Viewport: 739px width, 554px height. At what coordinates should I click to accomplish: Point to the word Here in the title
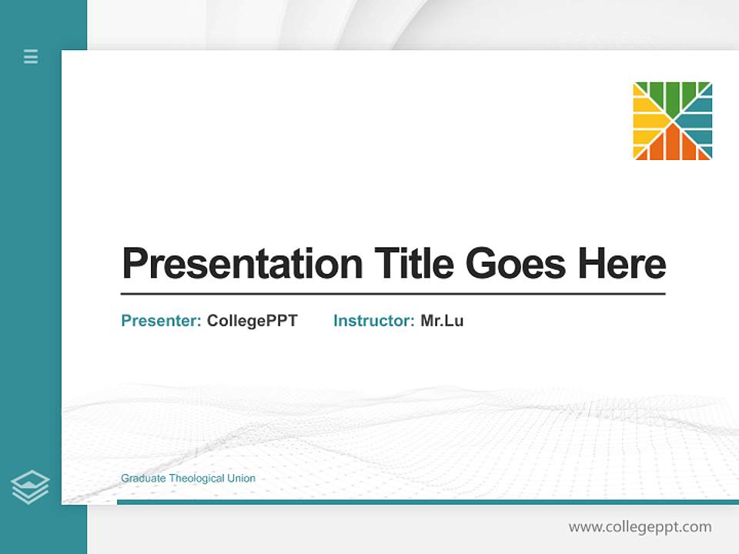click(x=622, y=264)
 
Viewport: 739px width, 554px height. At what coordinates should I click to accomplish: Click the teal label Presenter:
click(x=161, y=321)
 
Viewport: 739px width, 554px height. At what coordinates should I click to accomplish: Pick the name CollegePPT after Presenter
click(x=252, y=321)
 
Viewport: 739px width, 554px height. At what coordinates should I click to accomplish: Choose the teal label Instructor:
click(x=373, y=321)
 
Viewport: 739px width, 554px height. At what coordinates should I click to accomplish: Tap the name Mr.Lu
click(x=442, y=321)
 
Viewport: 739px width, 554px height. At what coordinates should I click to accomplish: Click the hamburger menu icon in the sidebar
click(x=31, y=56)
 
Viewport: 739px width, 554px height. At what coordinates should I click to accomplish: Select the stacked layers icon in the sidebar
click(x=30, y=487)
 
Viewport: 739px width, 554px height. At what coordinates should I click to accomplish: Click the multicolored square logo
click(x=672, y=121)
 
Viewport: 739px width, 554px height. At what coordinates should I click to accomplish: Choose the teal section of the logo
click(x=699, y=121)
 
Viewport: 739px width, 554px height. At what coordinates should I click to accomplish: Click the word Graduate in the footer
click(x=143, y=479)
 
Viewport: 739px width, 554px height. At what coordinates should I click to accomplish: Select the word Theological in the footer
click(x=196, y=479)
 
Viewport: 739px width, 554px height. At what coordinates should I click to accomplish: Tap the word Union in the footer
click(x=241, y=479)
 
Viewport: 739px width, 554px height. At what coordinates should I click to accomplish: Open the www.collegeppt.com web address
click(x=640, y=527)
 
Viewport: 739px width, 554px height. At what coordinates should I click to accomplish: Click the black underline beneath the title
click(x=393, y=293)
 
